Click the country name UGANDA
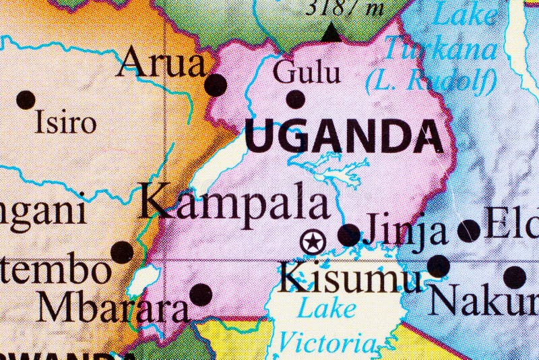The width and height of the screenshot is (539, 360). point(344,137)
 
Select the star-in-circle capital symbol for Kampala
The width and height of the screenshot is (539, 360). point(313,241)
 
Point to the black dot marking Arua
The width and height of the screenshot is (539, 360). point(216,85)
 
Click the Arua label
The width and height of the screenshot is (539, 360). point(161,65)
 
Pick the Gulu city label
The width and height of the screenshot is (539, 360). point(307,72)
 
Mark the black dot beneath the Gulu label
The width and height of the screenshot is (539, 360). point(295,99)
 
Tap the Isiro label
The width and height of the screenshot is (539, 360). point(65,122)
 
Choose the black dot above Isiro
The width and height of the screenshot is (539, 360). point(26,100)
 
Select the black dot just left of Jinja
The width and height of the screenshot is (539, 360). point(348,235)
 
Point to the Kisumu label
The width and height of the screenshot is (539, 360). point(350,277)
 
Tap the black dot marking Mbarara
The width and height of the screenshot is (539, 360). point(200,294)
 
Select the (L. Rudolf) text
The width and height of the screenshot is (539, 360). point(431,81)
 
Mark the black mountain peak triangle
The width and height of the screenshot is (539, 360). point(330,32)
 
